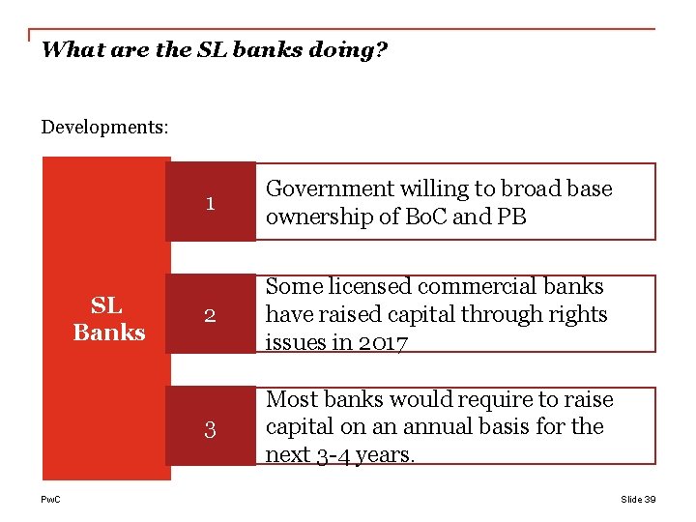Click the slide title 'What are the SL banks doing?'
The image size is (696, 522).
point(214,49)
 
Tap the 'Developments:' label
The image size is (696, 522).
point(105,127)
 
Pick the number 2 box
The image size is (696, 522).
point(210,315)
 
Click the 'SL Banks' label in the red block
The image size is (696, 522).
point(108,319)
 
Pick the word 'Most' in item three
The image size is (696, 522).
point(291,399)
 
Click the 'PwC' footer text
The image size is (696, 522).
point(50,499)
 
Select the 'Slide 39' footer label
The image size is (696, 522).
point(638,499)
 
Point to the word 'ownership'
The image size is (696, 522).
point(312,217)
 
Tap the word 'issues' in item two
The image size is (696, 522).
point(297,342)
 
